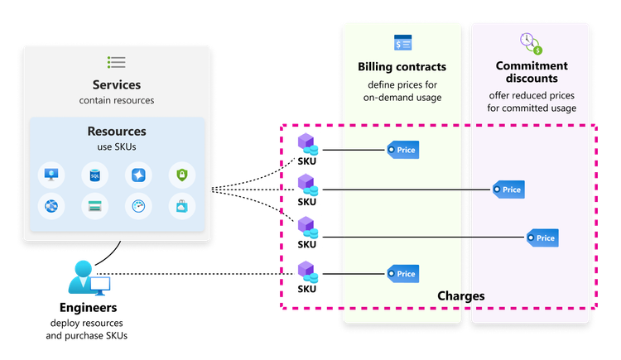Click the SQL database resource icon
point(95,175)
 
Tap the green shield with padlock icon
point(181,175)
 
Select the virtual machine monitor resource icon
point(52,175)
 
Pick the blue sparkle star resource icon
point(138,175)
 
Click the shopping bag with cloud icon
point(181,207)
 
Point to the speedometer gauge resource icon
point(138,207)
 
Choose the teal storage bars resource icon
point(95,207)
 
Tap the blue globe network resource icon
point(52,207)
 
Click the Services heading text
point(117,84)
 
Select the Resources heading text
point(117,131)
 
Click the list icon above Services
point(117,62)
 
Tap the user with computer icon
point(88,278)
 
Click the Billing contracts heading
point(402,66)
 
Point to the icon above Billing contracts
point(403,43)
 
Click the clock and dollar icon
point(531,43)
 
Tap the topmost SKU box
point(307,149)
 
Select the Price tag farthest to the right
point(542,238)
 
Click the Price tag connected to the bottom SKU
point(402,274)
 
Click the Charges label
point(460,295)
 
